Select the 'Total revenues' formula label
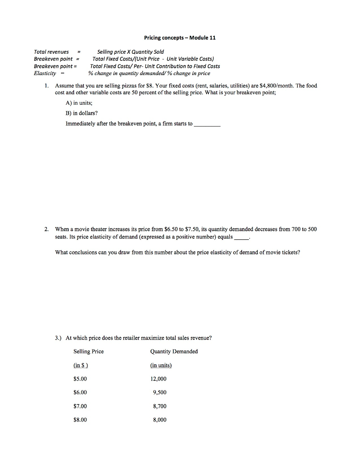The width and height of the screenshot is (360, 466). [x=51, y=52]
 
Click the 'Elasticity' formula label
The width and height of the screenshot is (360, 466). [x=45, y=73]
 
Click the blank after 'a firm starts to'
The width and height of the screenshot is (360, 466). [x=207, y=124]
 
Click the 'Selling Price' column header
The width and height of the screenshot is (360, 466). [x=88, y=351]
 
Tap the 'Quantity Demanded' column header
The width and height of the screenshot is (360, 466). [x=173, y=351]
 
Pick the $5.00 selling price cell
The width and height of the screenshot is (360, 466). [x=80, y=379]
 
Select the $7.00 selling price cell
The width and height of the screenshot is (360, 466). [x=80, y=406]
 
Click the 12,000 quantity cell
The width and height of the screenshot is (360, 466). [x=158, y=379]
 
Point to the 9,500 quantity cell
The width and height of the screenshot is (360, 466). [x=160, y=392]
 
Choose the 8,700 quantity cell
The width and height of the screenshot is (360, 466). [x=160, y=406]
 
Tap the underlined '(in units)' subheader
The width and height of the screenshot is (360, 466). [x=161, y=365]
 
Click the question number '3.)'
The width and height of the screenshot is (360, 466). [x=58, y=338]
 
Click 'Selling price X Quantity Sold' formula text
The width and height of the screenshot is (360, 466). [x=131, y=52]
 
